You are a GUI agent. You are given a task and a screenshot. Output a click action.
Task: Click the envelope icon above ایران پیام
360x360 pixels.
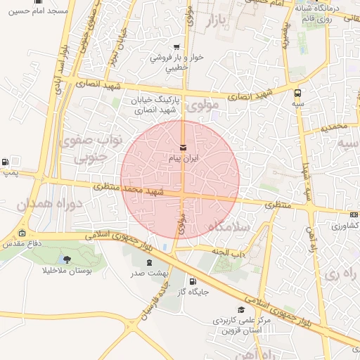pyautogui.click(x=184, y=148)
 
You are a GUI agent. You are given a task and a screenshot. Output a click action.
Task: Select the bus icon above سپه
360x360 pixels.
pyautogui.click(x=298, y=92)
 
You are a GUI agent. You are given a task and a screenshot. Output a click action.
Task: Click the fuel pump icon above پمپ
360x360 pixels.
pyautogui.click(x=6, y=161)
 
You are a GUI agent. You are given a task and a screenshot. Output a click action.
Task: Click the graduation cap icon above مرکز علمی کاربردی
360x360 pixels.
pyautogui.click(x=241, y=309)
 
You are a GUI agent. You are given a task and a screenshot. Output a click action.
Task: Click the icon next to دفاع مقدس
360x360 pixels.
pyautogui.click(x=22, y=233)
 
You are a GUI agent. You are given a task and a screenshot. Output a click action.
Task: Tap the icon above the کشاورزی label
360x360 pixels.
pyautogui.click(x=353, y=215)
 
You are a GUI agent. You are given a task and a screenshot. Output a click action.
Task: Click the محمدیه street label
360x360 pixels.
pyautogui.click(x=334, y=128)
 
